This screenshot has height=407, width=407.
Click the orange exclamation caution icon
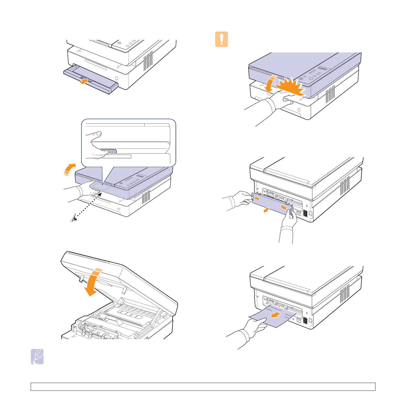(222, 39)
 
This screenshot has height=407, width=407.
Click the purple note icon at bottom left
(37, 356)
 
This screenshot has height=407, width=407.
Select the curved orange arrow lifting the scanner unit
(69, 169)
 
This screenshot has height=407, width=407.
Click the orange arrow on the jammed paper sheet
(276, 315)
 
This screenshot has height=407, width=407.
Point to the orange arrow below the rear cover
(267, 209)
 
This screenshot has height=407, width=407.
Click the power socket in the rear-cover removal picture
(305, 213)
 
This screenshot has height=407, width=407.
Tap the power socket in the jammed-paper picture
(305, 320)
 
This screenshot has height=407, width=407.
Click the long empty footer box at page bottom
(203, 387)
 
